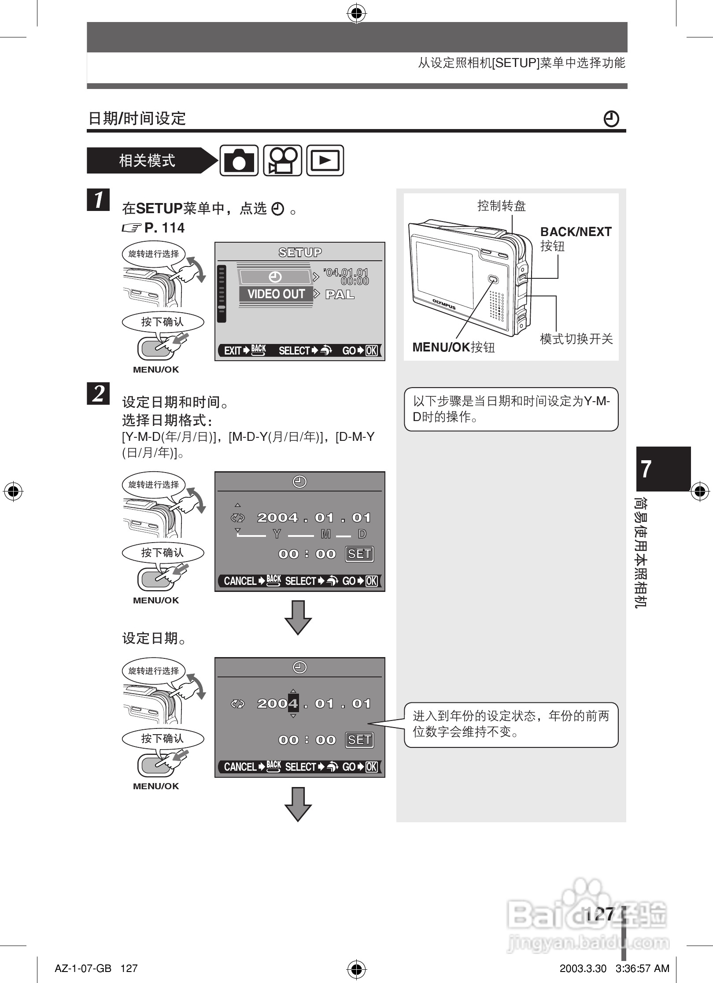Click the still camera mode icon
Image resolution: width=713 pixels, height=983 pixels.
(x=239, y=160)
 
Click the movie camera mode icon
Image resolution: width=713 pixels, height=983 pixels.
(x=282, y=160)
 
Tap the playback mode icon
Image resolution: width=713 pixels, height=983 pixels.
(x=325, y=160)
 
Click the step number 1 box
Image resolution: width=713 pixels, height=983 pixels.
(x=98, y=200)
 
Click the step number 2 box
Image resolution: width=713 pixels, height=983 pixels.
(x=98, y=393)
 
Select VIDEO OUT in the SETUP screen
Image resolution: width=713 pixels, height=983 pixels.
(x=276, y=294)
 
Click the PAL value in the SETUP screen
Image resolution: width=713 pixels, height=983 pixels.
(x=340, y=294)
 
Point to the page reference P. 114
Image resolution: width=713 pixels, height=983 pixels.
(x=164, y=228)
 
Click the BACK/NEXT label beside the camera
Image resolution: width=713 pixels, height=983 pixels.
(x=576, y=232)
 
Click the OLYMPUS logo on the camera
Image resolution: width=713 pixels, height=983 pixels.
(x=443, y=304)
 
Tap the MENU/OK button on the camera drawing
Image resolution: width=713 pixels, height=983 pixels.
(x=493, y=279)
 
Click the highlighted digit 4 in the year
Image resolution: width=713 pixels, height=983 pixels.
(x=293, y=703)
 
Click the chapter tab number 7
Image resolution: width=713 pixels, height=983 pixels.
(x=646, y=469)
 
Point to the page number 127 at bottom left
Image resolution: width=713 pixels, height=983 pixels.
(x=129, y=968)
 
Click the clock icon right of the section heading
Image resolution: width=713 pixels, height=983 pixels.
(x=611, y=119)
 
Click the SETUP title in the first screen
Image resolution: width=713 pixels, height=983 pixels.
(x=300, y=252)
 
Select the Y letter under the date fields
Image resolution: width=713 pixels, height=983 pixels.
(x=277, y=534)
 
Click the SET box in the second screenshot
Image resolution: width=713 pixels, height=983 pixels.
(x=359, y=554)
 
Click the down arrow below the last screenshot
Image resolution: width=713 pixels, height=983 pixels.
(x=298, y=804)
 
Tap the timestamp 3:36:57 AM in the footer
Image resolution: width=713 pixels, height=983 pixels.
(x=642, y=968)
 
